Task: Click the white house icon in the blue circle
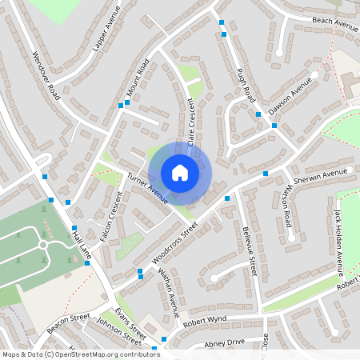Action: (180, 172)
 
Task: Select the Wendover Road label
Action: (45, 76)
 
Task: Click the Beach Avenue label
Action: (335, 25)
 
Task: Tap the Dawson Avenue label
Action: (290, 96)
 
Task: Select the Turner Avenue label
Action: (146, 186)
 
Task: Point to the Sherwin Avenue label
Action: (323, 174)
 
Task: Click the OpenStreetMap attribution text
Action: (82, 354)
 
